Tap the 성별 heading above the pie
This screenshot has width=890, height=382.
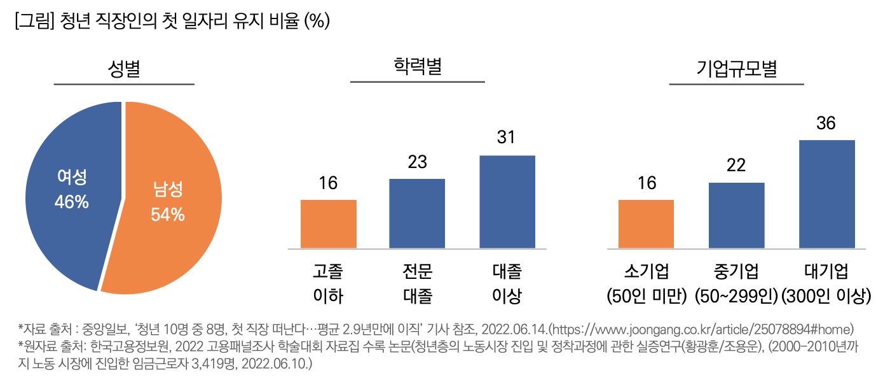point(124,69)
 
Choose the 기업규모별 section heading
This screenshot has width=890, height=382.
point(737,69)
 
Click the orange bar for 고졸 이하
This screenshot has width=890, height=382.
point(328,224)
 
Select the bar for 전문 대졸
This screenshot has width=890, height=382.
point(417,213)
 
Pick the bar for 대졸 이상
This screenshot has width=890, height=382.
point(507,202)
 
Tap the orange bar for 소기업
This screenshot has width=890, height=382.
point(646,224)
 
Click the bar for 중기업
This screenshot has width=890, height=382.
point(736,215)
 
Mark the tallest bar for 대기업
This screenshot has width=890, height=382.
point(826,194)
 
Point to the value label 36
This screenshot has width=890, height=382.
point(826,124)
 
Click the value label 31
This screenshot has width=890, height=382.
point(507,138)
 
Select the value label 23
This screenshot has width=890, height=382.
point(417,162)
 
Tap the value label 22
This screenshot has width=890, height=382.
point(736,166)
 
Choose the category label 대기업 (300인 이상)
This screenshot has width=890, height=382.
point(826,283)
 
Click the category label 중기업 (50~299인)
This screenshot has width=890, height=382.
point(736,283)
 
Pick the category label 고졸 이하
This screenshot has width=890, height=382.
point(328,283)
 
